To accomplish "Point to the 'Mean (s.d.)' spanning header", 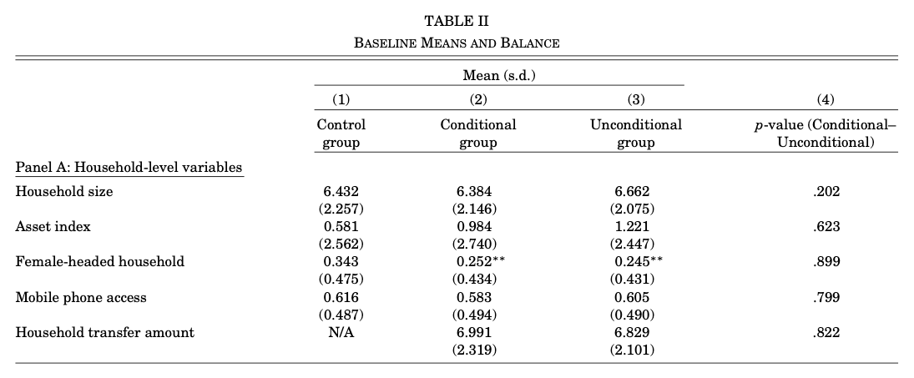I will pyautogui.click(x=498, y=76).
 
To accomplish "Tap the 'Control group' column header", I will pyautogui.click(x=341, y=134).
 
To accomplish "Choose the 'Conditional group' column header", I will pyautogui.click(x=477, y=134).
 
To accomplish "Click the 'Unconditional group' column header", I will pyautogui.click(x=635, y=134).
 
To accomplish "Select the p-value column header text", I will pyautogui.click(x=825, y=134).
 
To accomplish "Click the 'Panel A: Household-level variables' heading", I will pyautogui.click(x=129, y=168).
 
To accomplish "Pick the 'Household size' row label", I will pyautogui.click(x=64, y=191).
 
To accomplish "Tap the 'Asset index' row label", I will pyautogui.click(x=53, y=226).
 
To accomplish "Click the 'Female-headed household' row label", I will pyautogui.click(x=100, y=261).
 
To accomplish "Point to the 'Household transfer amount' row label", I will pyautogui.click(x=105, y=332).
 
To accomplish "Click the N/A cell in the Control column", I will pyautogui.click(x=340, y=332).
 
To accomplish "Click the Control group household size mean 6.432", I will pyautogui.click(x=340, y=191).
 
